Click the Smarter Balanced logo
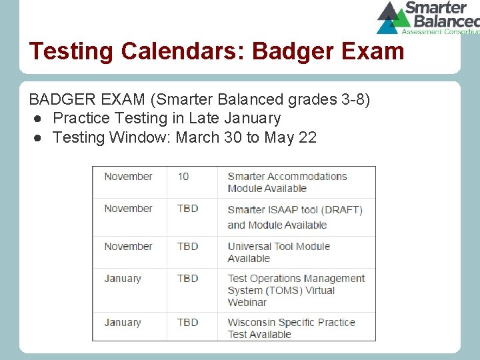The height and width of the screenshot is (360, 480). [427, 17]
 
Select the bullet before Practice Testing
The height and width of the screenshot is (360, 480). [39, 119]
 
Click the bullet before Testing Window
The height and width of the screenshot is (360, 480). [39, 138]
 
